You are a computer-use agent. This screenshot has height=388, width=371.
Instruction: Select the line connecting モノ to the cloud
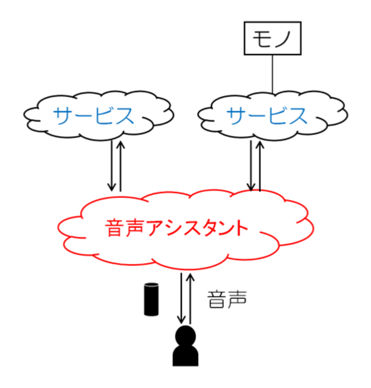coord(272,74)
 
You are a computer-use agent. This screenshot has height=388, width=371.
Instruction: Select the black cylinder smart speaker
coord(151,299)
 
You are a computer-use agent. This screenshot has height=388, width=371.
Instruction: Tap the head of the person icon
coord(185,335)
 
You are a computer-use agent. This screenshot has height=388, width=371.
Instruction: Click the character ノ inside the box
coord(284,40)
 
